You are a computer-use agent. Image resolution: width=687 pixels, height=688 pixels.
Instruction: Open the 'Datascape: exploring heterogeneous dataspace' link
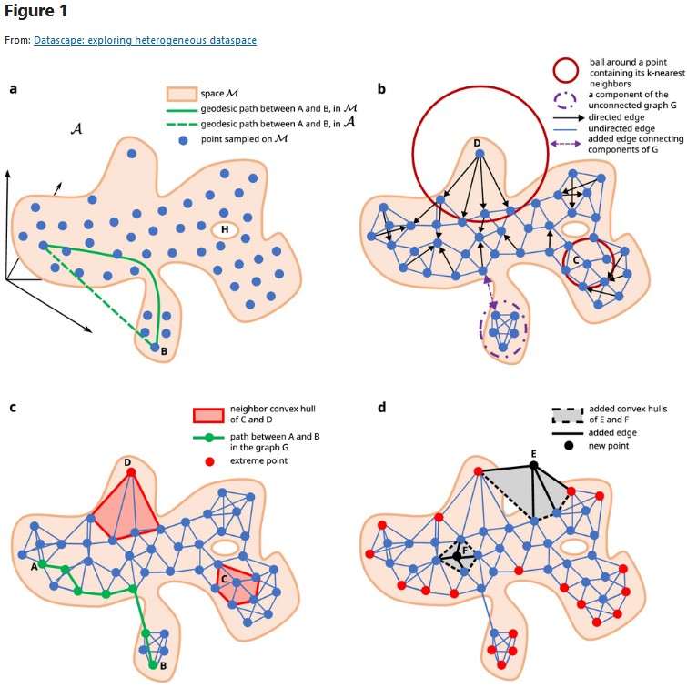point(145,40)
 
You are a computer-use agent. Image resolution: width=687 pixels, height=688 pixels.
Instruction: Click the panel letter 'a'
point(13,89)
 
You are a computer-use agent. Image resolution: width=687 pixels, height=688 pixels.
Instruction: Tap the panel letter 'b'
point(380,89)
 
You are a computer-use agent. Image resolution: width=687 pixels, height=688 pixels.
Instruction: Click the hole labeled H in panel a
point(220,230)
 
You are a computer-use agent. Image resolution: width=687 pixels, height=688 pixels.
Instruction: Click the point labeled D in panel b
point(478,156)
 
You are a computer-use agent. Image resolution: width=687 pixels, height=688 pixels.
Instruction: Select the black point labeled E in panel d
point(534,465)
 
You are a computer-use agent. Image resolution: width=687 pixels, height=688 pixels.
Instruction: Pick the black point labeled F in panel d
point(457,555)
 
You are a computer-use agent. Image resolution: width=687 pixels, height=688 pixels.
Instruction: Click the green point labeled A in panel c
point(42,563)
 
